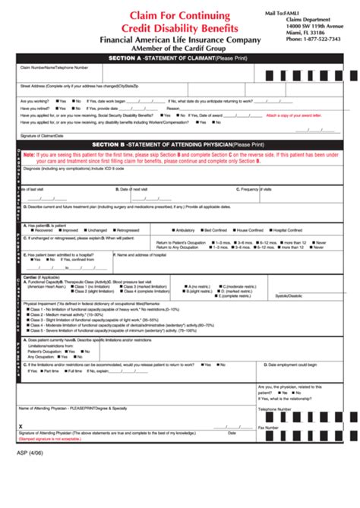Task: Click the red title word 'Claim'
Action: pos(145,14)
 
